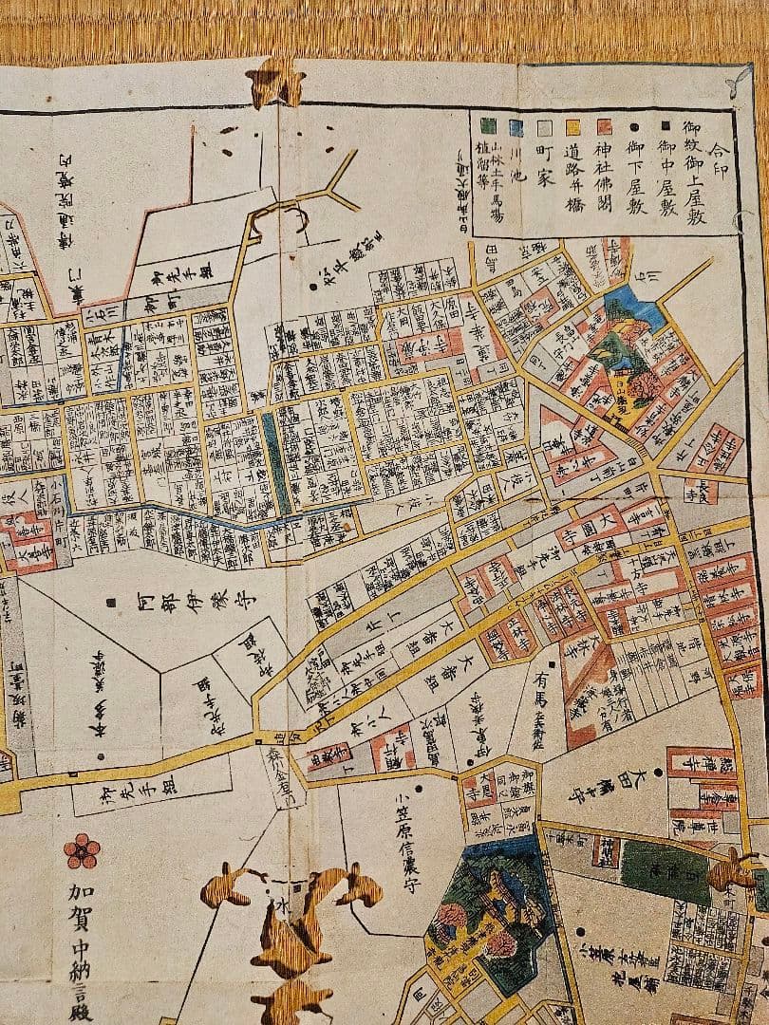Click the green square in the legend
coord(487,124)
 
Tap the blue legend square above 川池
coord(516,125)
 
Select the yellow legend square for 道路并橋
coord(572,125)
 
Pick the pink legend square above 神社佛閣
coord(604,125)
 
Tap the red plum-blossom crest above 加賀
coord(82,850)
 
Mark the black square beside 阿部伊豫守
coord(112,601)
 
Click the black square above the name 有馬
coord(552,663)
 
